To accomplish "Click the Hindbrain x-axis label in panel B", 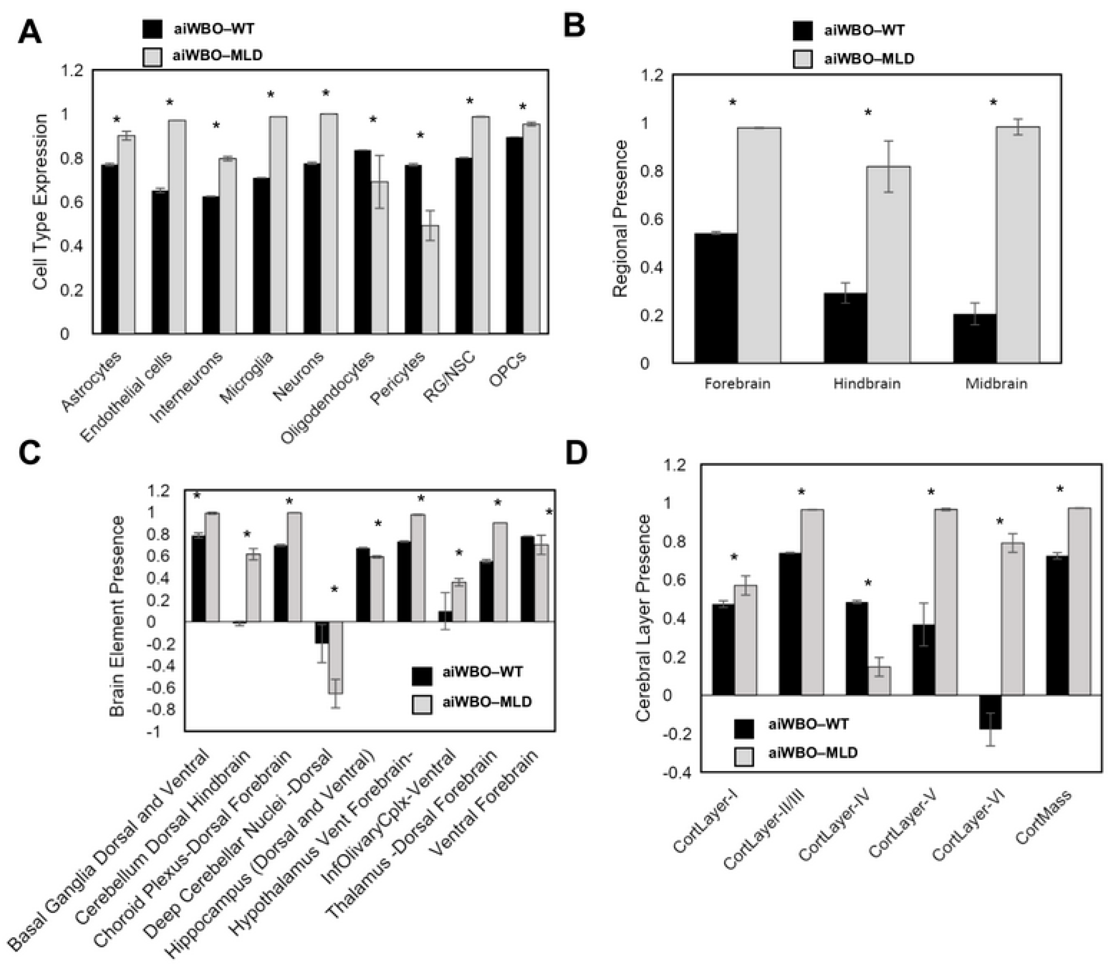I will coord(867,384).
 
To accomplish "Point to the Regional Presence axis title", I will coord(621,219).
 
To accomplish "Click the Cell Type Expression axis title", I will coord(40,202).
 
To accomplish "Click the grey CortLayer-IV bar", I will coord(879,680).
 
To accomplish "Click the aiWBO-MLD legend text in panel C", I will coord(487,702).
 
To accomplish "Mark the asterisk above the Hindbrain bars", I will coord(868,112).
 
